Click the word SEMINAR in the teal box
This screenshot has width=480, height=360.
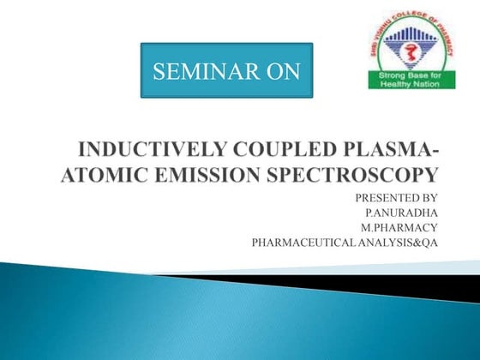pos(198,72)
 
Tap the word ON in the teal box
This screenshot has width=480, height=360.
pos(277,72)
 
